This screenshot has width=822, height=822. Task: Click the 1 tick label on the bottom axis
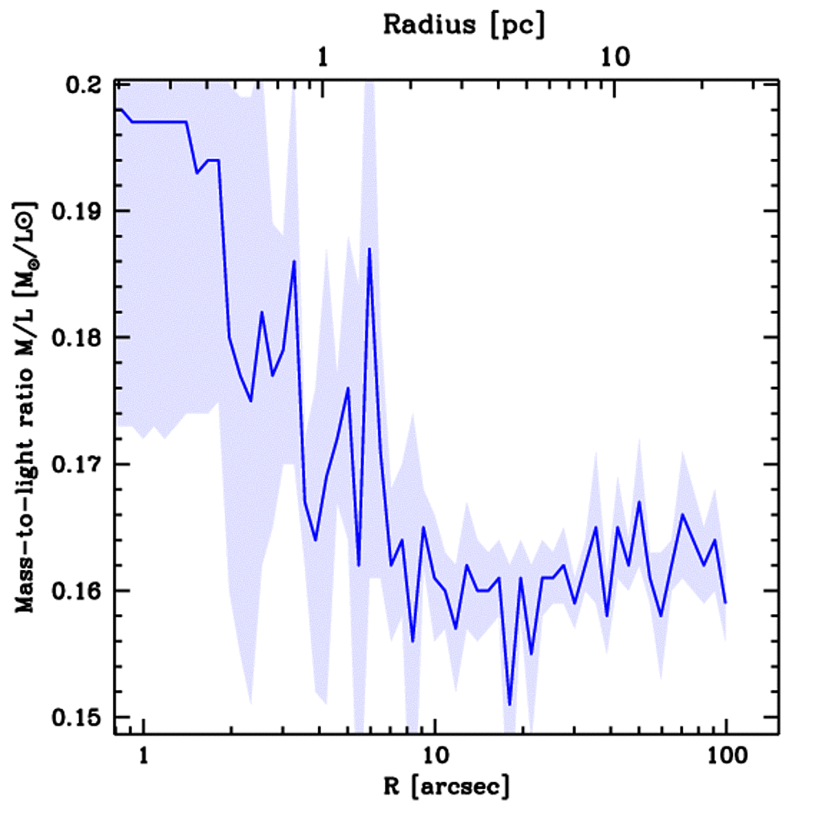point(144,755)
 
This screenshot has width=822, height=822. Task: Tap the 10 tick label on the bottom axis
point(434,755)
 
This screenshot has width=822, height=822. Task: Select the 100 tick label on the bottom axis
point(726,755)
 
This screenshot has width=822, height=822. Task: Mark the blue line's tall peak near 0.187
point(369,249)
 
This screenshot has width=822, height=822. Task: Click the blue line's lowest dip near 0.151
point(510,704)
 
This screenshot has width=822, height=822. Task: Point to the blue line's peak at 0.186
point(295,262)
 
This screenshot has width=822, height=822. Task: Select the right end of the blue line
point(726,602)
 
